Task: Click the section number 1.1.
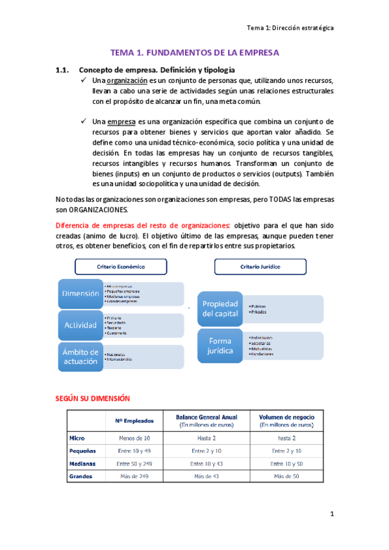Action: tap(62, 69)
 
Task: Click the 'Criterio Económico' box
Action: tap(121, 267)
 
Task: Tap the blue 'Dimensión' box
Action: tap(81, 294)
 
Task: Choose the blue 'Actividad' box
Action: tap(81, 324)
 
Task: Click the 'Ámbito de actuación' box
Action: tap(81, 357)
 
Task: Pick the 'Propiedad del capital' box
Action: tap(221, 309)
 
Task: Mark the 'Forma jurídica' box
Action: tap(221, 346)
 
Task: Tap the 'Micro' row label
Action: tap(77, 438)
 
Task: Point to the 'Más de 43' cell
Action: tap(207, 477)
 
